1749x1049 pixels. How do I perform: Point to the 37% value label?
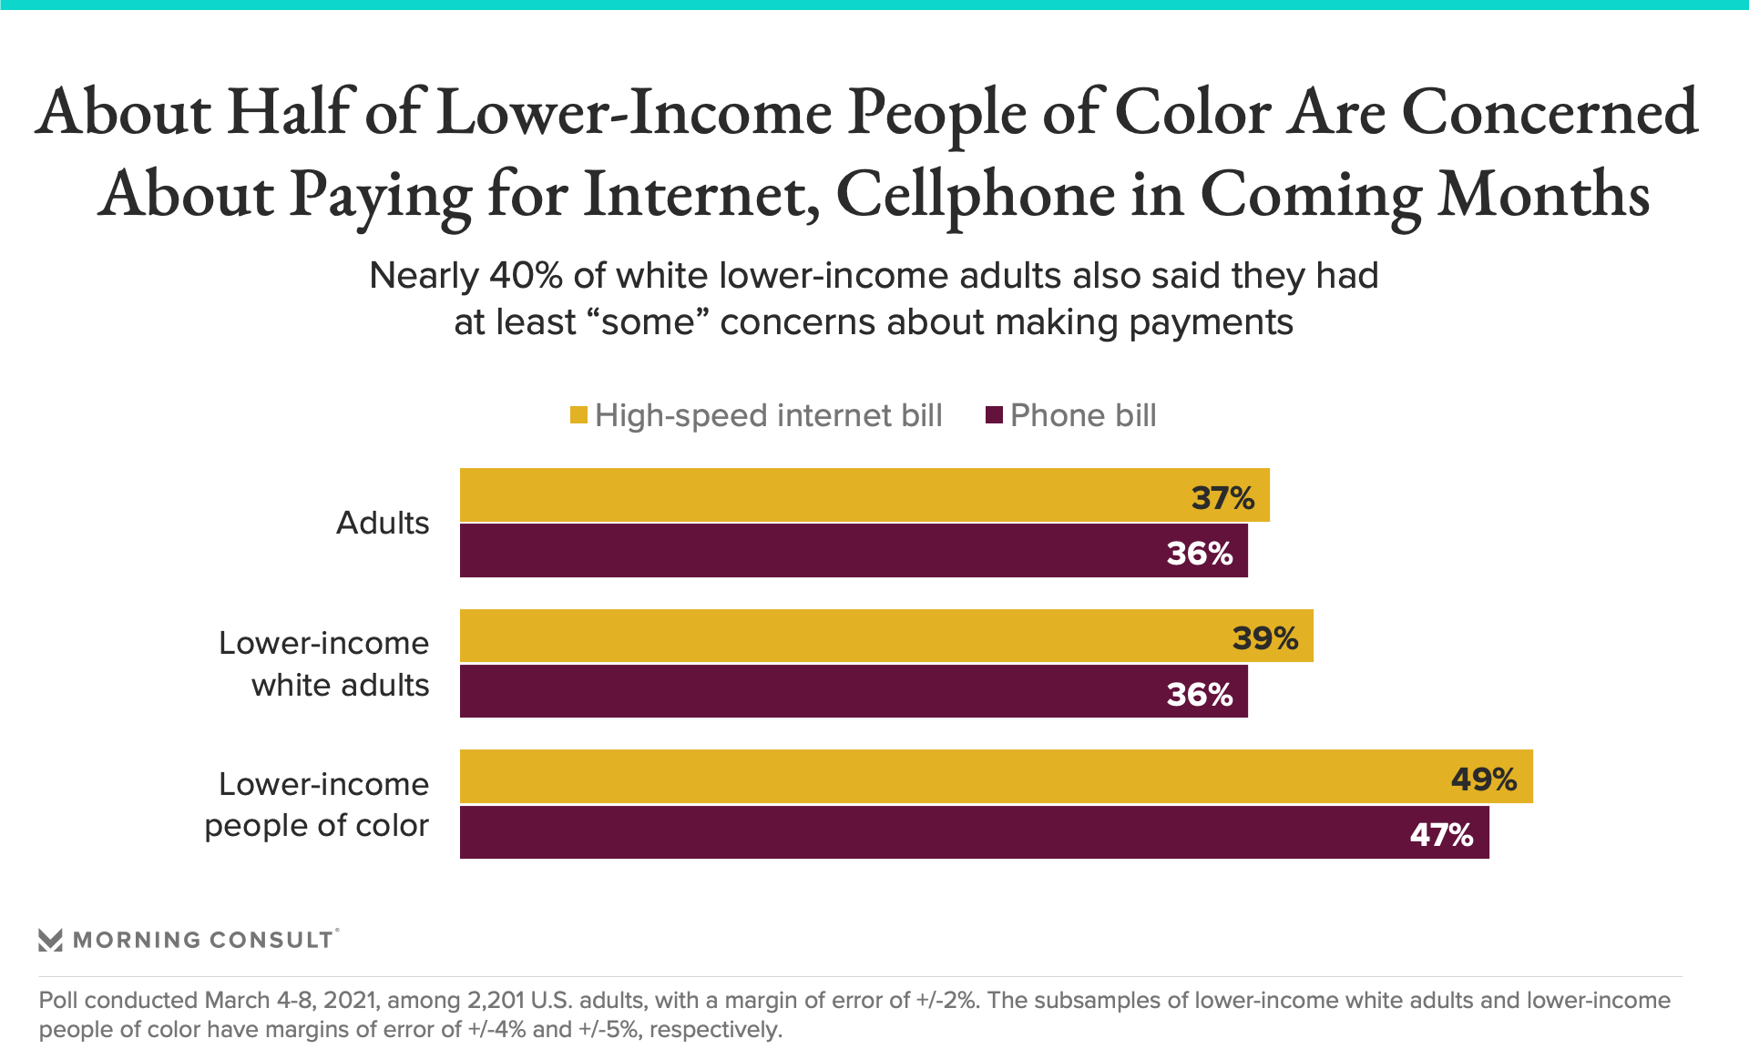(1222, 498)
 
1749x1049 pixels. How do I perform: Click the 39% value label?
(1265, 638)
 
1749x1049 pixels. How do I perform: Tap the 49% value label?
(1484, 779)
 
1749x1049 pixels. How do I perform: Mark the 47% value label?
(1441, 835)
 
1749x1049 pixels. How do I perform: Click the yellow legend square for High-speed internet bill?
(578, 415)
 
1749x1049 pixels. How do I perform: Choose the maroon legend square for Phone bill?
(994, 415)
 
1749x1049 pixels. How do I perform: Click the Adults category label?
(383, 523)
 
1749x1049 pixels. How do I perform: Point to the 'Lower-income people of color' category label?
(316, 804)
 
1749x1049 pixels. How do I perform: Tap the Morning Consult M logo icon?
(51, 940)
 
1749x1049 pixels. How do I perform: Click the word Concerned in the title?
(1550, 113)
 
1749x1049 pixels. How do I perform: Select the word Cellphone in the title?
(976, 195)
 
